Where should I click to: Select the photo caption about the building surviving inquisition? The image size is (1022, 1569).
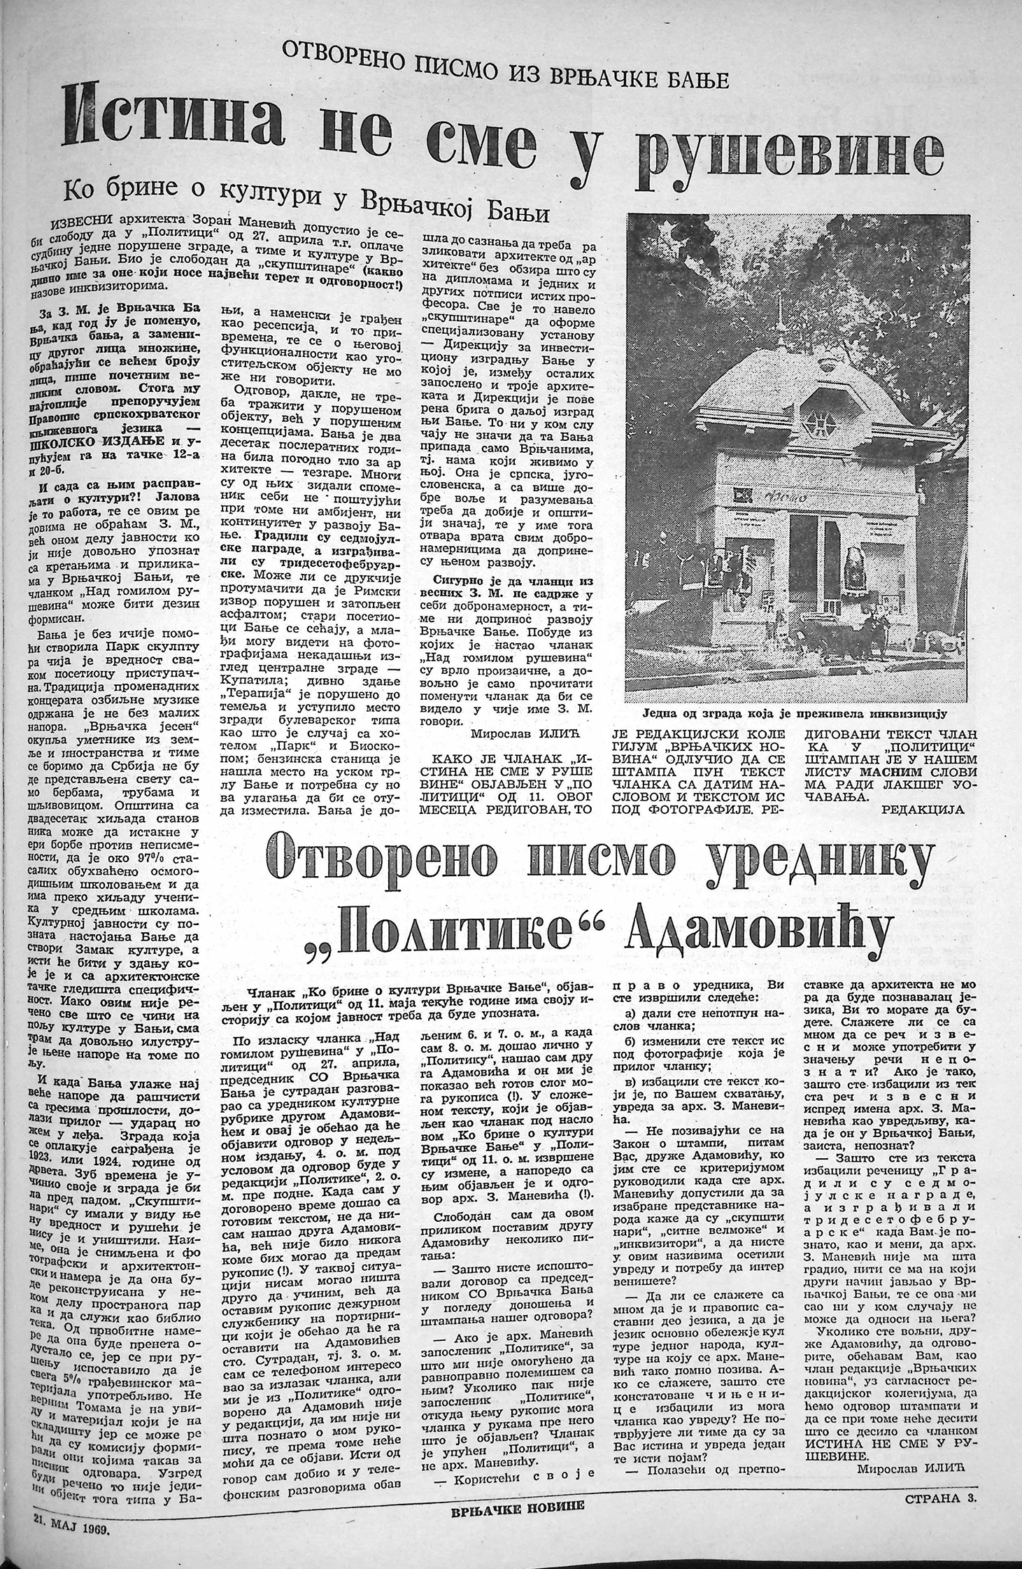pos(794,714)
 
